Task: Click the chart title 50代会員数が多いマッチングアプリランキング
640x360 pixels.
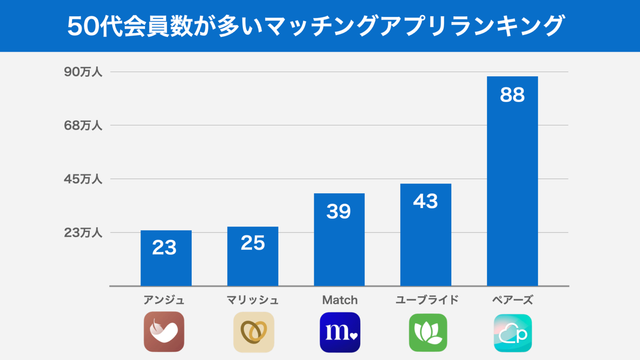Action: pos(316,26)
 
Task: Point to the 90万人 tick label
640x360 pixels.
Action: pos(83,72)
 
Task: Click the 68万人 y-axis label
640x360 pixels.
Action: pos(83,125)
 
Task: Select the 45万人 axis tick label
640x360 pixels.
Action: pos(83,179)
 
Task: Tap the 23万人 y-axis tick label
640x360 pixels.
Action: pos(83,232)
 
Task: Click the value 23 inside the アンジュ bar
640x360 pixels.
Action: pos(165,247)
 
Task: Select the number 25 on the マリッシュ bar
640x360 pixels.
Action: pos(252,243)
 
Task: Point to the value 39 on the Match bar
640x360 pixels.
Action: pos(339,211)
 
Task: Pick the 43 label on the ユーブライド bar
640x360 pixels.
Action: pos(425,201)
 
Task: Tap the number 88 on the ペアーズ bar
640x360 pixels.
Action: pos(512,95)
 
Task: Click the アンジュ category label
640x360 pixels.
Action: pos(164,300)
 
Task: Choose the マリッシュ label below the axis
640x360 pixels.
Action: pos(252,300)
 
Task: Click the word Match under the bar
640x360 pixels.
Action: pos(340,300)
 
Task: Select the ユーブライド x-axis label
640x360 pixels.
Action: pos(427,300)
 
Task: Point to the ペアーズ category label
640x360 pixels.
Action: pos(512,300)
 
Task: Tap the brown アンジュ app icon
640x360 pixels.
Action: pos(164,332)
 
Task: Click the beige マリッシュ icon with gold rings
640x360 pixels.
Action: pos(254,332)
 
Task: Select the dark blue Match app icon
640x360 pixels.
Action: pos(340,332)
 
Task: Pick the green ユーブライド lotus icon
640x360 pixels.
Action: pos(428,332)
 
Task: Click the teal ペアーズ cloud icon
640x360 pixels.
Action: pos(513,333)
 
